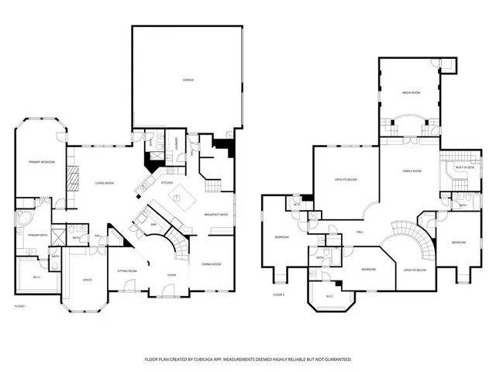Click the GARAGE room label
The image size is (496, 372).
pyautogui.click(x=188, y=81)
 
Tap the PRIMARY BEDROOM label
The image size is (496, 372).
pyautogui.click(x=40, y=162)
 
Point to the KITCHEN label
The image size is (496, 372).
pyautogui.click(x=167, y=183)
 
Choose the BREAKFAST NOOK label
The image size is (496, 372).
pyautogui.click(x=215, y=214)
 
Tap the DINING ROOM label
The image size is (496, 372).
pyautogui.click(x=212, y=264)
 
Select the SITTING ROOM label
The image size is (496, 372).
pyautogui.click(x=127, y=271)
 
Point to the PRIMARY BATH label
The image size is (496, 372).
pyautogui.click(x=39, y=235)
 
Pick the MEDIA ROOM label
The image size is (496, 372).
pyautogui.click(x=411, y=92)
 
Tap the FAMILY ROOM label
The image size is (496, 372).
pyautogui.click(x=412, y=170)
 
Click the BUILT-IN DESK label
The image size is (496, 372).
pyautogui.click(x=463, y=167)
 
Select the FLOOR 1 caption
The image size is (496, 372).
pyautogui.click(x=20, y=307)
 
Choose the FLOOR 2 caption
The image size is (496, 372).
pyautogui.click(x=278, y=295)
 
